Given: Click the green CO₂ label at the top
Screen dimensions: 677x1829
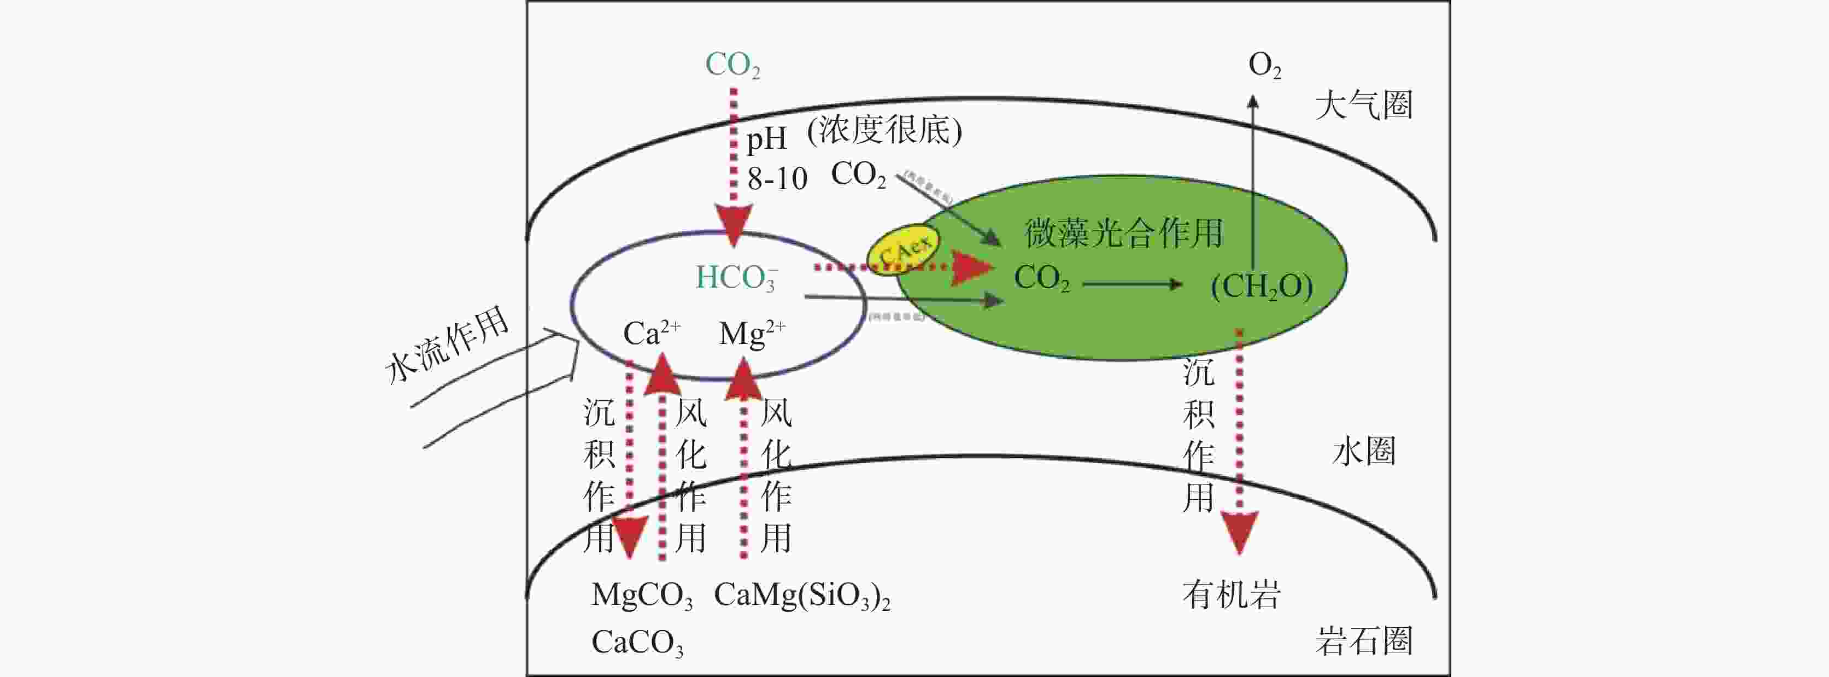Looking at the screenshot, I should coord(732,65).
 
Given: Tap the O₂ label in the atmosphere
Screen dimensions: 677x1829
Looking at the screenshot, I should coord(1264,65).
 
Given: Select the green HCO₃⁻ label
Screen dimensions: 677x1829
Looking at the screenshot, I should coord(736,278).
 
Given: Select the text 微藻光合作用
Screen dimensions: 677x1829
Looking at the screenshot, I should coord(1124,232).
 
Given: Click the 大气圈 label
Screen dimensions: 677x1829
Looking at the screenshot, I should coord(1364,105).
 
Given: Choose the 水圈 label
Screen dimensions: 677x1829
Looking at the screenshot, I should coord(1364,451).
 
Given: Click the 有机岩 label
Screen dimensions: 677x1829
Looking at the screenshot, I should coord(1231,594).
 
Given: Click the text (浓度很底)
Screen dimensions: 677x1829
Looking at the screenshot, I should coord(884,130).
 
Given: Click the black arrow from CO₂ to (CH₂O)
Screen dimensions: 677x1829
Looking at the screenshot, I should coord(1133,284).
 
